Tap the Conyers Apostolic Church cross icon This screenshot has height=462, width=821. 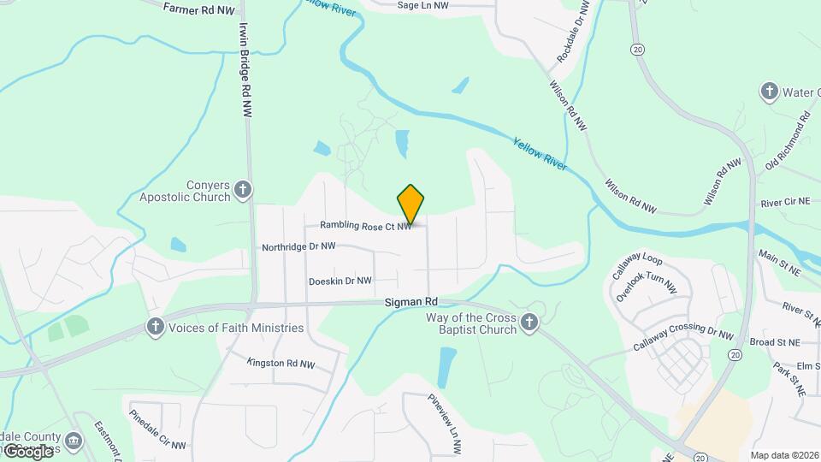click(x=244, y=190)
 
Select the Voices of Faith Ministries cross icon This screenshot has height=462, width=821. click(x=155, y=326)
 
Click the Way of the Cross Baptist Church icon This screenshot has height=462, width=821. click(x=529, y=323)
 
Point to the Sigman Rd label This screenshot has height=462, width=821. click(x=411, y=302)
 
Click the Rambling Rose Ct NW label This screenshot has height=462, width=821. click(x=366, y=226)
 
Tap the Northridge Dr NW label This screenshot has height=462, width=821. click(x=298, y=247)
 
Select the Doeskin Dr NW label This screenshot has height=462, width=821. click(x=340, y=281)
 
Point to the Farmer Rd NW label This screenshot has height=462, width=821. click(x=198, y=8)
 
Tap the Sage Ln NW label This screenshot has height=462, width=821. click(x=422, y=5)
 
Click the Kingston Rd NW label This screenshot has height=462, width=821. click(x=281, y=364)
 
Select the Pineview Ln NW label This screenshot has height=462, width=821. click(x=445, y=423)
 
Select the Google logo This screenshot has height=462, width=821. click(x=27, y=450)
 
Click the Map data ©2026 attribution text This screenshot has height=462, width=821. click(x=783, y=455)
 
